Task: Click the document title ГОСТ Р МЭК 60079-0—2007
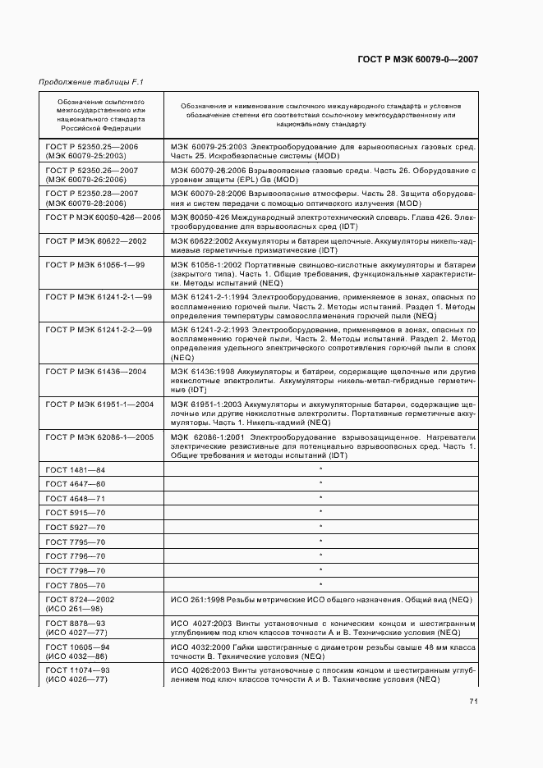[x=418, y=59]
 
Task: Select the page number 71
[x=474, y=701]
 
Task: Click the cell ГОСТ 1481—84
[x=76, y=469]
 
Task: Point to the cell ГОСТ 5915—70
[x=76, y=513]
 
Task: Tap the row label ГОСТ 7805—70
[x=76, y=585]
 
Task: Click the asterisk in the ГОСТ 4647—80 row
[x=320, y=483]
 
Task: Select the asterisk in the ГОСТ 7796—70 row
[x=320, y=555]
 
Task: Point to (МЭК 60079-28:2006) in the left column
[x=85, y=202]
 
